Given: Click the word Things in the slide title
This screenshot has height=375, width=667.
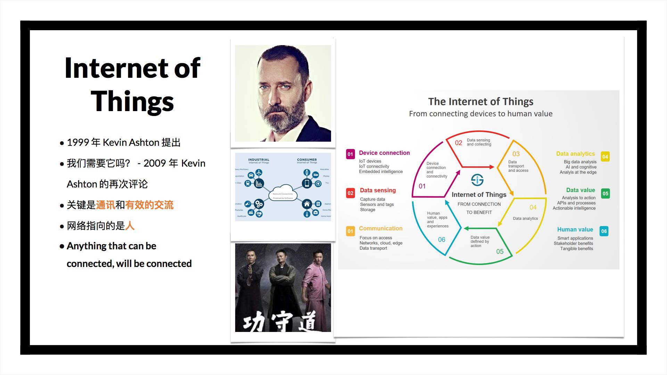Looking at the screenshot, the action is point(132,101).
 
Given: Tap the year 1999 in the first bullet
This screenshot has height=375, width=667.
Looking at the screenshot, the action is point(78,142).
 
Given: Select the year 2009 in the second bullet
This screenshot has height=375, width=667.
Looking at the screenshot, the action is point(155,163).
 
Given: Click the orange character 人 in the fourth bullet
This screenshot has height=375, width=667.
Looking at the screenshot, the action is point(130,226).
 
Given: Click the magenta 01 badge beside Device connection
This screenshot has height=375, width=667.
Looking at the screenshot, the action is point(350,154).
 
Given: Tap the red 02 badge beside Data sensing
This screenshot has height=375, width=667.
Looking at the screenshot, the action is point(350,193).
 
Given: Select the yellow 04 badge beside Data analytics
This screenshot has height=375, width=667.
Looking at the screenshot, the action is point(605,157).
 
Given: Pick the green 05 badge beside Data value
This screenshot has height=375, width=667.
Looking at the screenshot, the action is point(605,193).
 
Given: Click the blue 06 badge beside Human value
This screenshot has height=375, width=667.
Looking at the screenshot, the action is point(604,231).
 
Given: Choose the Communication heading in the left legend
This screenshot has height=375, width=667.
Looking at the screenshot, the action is point(380,228).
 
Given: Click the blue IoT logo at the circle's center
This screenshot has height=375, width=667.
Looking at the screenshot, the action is point(477,180).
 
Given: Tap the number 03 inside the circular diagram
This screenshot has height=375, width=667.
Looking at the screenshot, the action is point(516,154).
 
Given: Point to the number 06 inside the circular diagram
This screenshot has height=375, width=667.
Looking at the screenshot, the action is point(442,240).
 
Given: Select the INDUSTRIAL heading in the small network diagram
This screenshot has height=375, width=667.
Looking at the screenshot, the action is point(258,160).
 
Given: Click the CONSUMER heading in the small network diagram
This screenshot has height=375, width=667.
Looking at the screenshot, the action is point(307,160).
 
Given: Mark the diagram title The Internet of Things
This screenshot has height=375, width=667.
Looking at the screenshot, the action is point(480,101).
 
